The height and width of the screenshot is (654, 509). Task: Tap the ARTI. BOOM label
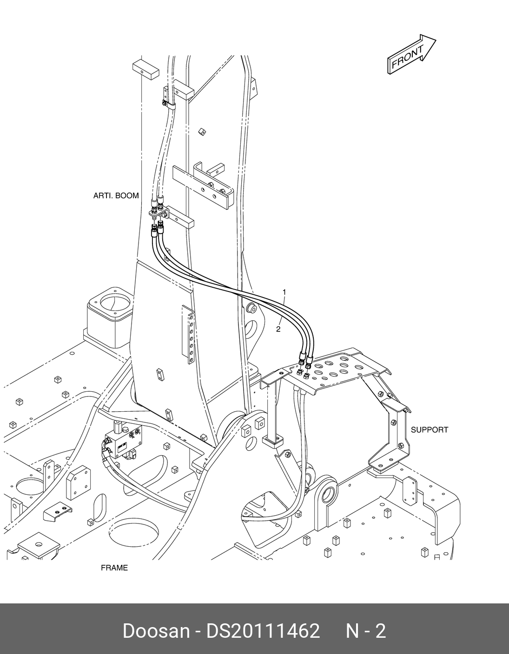click(116, 196)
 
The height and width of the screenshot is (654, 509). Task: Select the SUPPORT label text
click(429, 430)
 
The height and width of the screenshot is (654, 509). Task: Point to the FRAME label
click(114, 568)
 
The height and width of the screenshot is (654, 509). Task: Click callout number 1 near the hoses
click(284, 292)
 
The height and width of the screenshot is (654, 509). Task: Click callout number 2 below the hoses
click(278, 329)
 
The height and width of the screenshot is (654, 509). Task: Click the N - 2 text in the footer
click(365, 631)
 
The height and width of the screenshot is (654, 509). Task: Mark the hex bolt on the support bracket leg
click(394, 423)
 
